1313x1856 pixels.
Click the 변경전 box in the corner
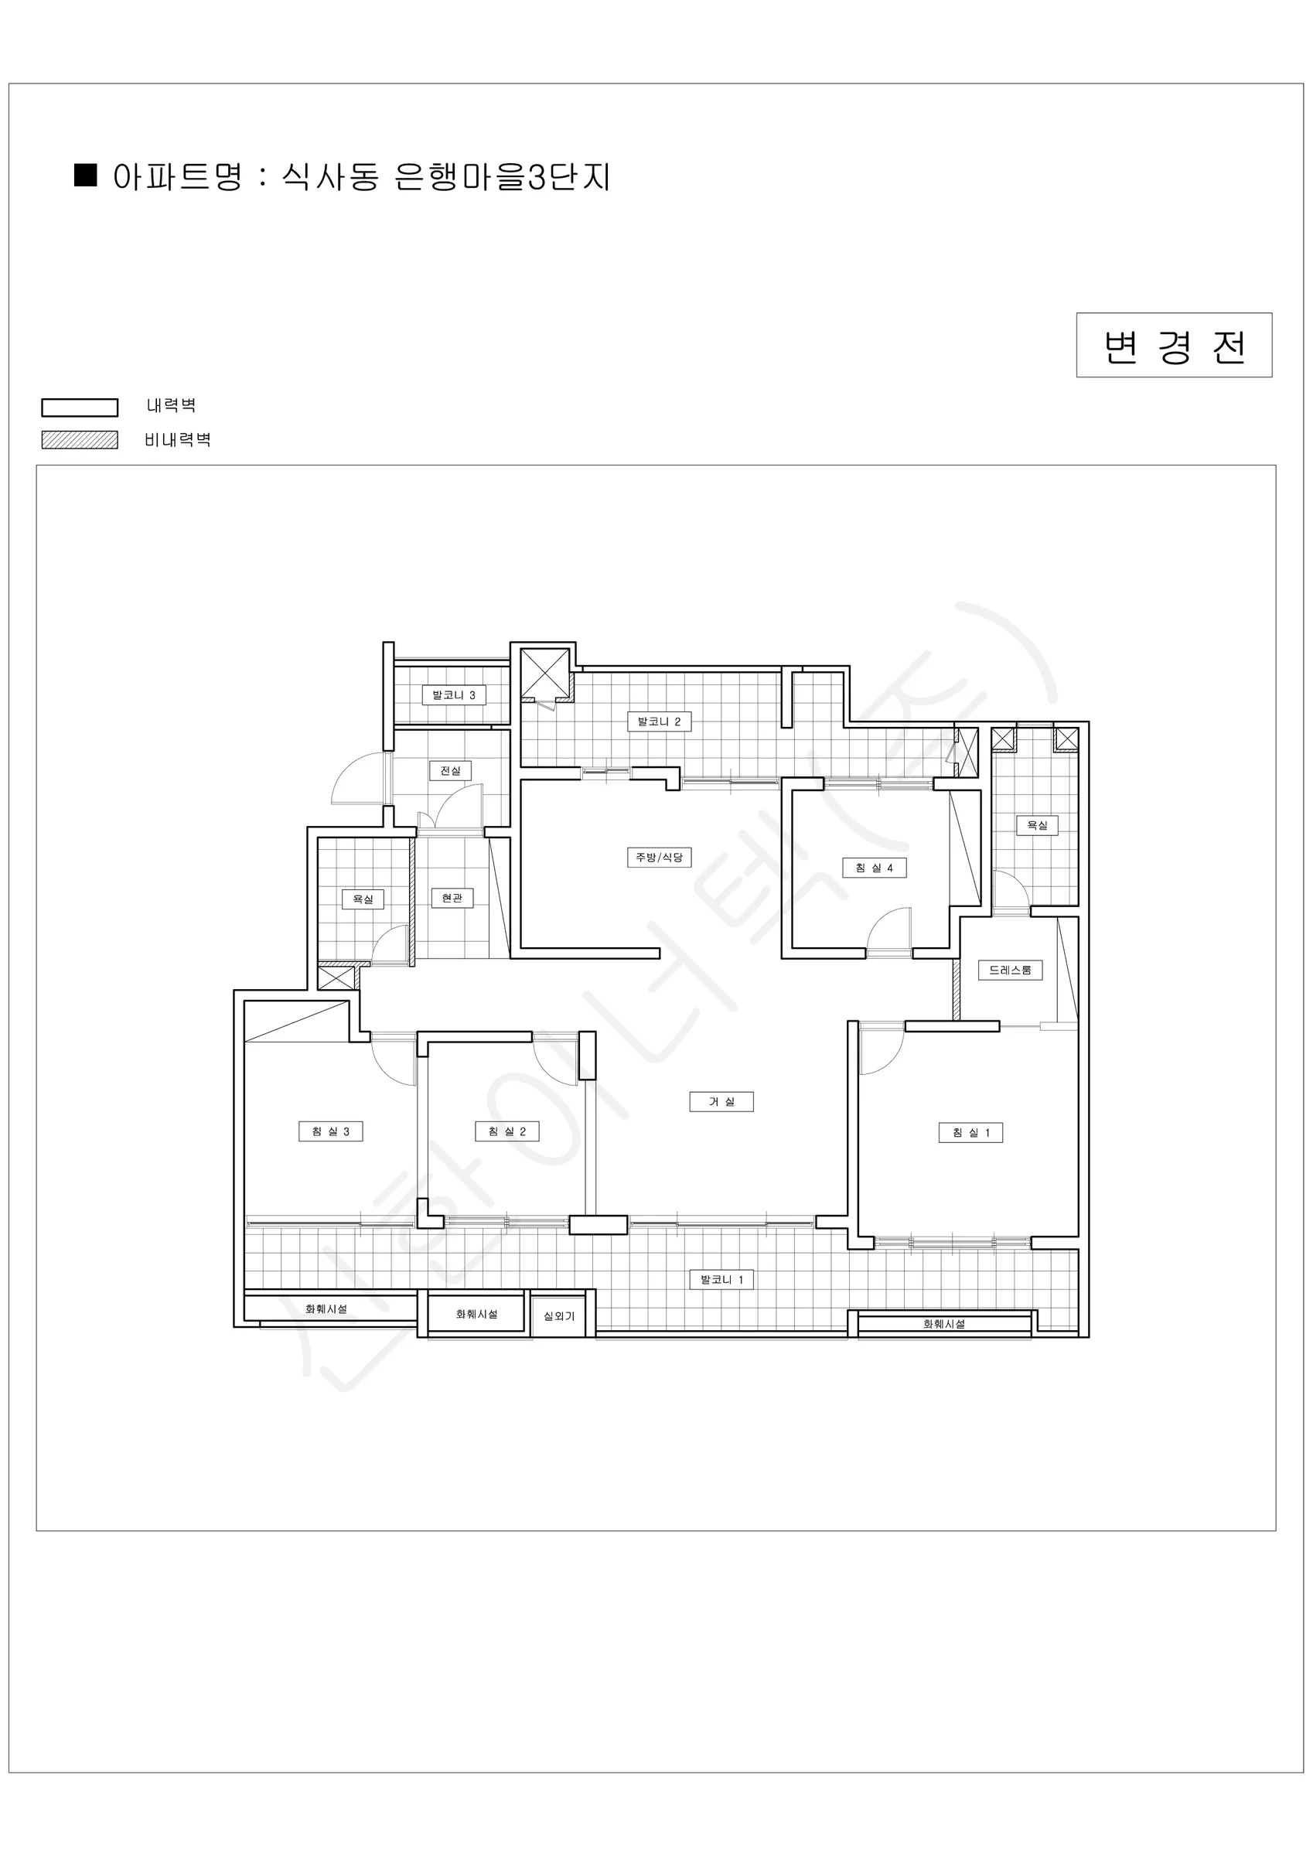1174,345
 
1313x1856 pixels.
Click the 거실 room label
721,1101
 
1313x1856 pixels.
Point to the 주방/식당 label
660,857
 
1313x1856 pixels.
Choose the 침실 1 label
971,1132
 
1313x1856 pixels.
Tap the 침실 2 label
507,1131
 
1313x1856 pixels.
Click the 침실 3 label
331,1131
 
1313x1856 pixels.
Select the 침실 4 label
874,868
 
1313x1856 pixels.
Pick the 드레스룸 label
1010,970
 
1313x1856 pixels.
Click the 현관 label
452,898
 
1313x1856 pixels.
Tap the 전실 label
450,771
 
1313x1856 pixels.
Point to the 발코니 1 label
721,1280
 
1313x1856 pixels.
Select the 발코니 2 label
660,722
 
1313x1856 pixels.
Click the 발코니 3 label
454,695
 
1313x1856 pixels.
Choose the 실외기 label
558,1317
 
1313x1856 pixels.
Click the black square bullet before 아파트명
86,176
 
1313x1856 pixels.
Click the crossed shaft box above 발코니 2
544,673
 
